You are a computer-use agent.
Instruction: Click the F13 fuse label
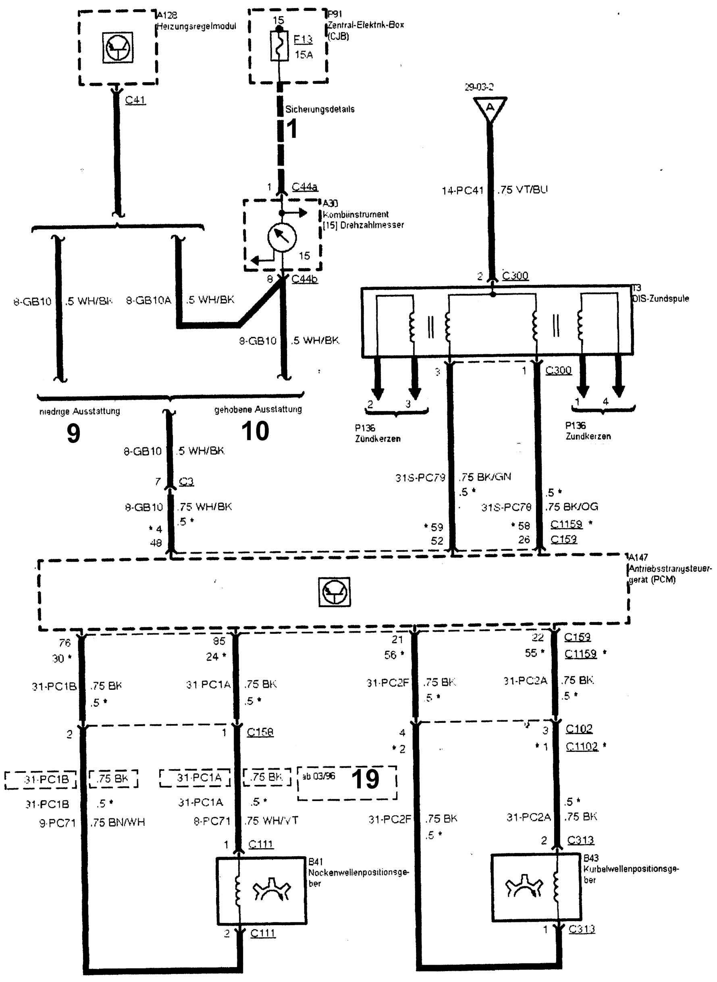point(303,39)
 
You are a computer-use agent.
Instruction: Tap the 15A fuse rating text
point(303,55)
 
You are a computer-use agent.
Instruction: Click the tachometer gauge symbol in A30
point(282,237)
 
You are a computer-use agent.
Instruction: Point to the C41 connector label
point(135,100)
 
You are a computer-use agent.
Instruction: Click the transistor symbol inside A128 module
point(118,47)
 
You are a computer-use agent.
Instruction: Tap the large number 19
point(365,779)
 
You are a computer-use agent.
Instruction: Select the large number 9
point(73,433)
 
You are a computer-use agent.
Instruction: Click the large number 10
point(255,431)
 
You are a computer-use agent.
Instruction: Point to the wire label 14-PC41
point(462,191)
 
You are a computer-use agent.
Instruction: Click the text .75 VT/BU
point(523,190)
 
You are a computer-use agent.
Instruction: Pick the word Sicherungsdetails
point(320,109)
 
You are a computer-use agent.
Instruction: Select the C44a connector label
point(304,187)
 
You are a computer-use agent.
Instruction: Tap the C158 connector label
point(260,732)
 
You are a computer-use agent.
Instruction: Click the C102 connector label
point(579,728)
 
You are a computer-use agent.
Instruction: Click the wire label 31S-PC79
point(420,478)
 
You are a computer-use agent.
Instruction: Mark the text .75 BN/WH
point(118,822)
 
